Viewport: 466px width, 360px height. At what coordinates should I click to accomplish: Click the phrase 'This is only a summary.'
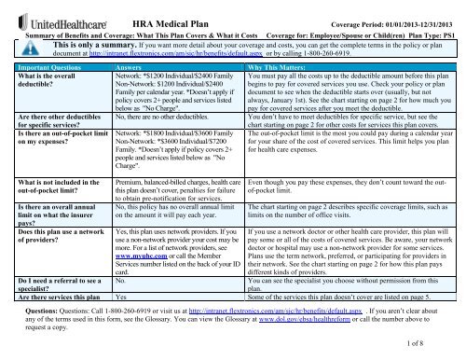77,43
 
